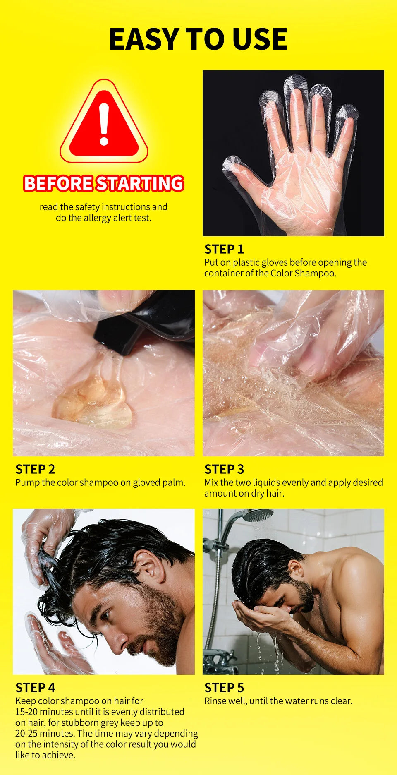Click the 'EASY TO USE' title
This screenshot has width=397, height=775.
point(198,39)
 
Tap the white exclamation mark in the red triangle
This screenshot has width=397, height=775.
point(104,124)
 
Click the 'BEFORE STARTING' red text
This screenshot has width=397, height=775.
point(103,183)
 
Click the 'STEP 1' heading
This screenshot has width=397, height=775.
point(224,249)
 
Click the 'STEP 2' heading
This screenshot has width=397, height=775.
point(35,469)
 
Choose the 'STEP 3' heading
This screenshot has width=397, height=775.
point(224,469)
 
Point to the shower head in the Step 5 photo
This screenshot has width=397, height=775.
point(257,515)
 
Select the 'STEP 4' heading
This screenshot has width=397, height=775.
point(35,688)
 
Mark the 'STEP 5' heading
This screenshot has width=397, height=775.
point(224,688)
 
